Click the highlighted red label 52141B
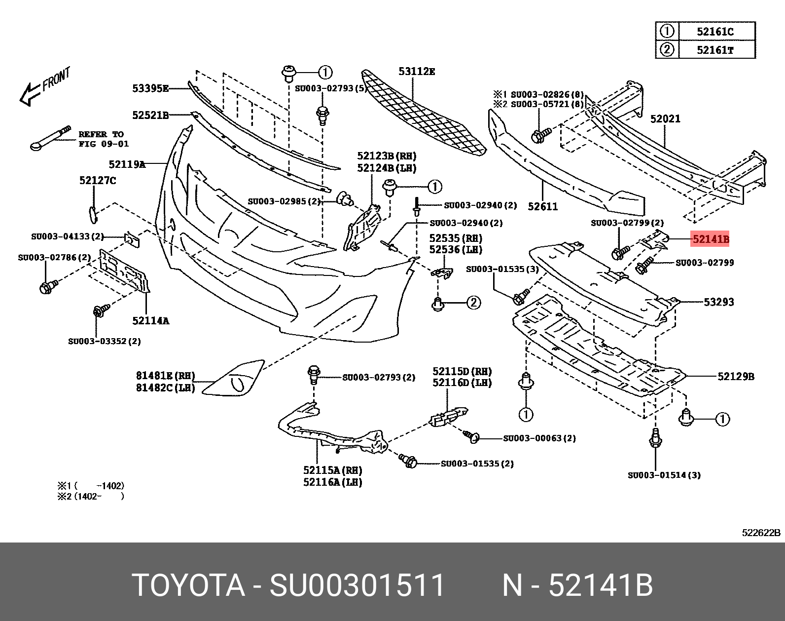click(710, 239)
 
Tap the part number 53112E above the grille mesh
click(417, 72)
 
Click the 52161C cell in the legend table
click(715, 32)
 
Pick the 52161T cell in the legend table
click(715, 50)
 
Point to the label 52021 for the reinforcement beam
click(665, 119)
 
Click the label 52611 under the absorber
click(542, 206)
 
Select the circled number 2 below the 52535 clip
click(473, 303)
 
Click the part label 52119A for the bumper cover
click(127, 164)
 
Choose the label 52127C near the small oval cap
click(98, 181)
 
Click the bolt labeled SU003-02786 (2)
click(47, 286)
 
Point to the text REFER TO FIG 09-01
click(103, 139)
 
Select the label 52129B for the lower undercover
click(736, 377)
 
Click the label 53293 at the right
click(718, 302)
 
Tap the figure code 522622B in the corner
click(761, 533)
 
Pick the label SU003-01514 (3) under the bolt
click(664, 475)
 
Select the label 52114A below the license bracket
click(150, 321)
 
